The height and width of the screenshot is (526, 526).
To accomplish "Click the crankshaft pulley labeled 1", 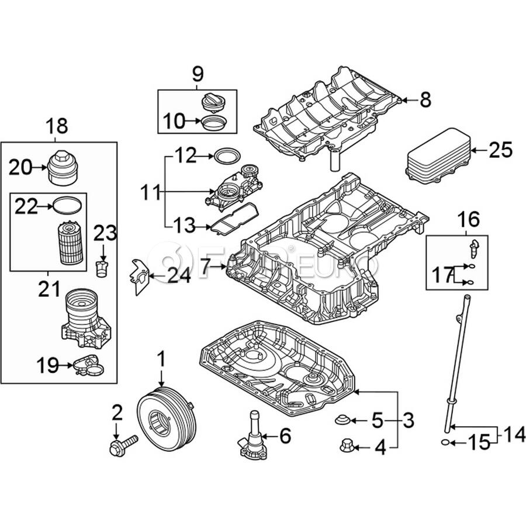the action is (165, 421).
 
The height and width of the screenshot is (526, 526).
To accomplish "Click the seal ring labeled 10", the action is (214, 123).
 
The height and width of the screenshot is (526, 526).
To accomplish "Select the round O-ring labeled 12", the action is (227, 156).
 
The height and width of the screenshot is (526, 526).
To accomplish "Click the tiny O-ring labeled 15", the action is (445, 443).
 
